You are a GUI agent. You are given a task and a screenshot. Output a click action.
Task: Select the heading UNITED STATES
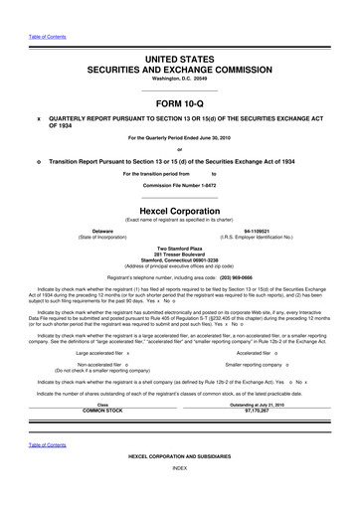(180, 61)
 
